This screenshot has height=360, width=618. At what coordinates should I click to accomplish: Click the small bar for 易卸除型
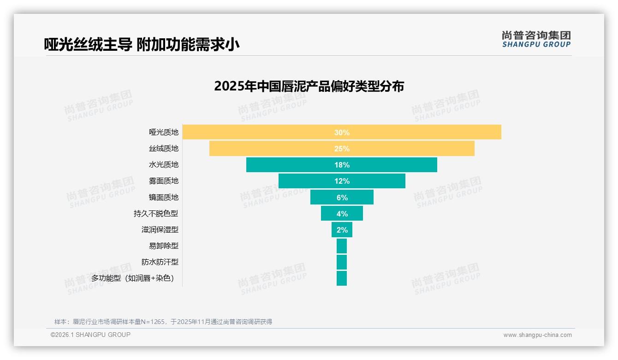tap(342, 246)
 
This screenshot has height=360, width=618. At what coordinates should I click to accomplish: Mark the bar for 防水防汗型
tap(342, 262)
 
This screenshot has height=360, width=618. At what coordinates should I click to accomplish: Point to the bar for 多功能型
tap(342, 278)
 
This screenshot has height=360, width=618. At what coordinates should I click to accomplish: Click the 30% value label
tap(342, 132)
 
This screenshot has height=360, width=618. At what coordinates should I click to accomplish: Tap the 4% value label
tap(342, 214)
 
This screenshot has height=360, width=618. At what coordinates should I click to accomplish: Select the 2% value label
tap(342, 230)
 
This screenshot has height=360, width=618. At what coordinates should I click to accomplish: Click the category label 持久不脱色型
tap(156, 214)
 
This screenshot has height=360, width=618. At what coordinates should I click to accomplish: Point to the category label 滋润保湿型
tap(160, 230)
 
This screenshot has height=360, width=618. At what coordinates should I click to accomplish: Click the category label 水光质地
tap(164, 165)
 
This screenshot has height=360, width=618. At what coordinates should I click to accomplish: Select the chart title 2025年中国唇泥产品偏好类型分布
tap(309, 86)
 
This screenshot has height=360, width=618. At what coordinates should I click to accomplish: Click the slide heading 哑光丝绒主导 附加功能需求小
tap(142, 44)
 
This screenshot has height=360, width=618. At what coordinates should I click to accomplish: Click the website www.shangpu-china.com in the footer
tap(537, 335)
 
